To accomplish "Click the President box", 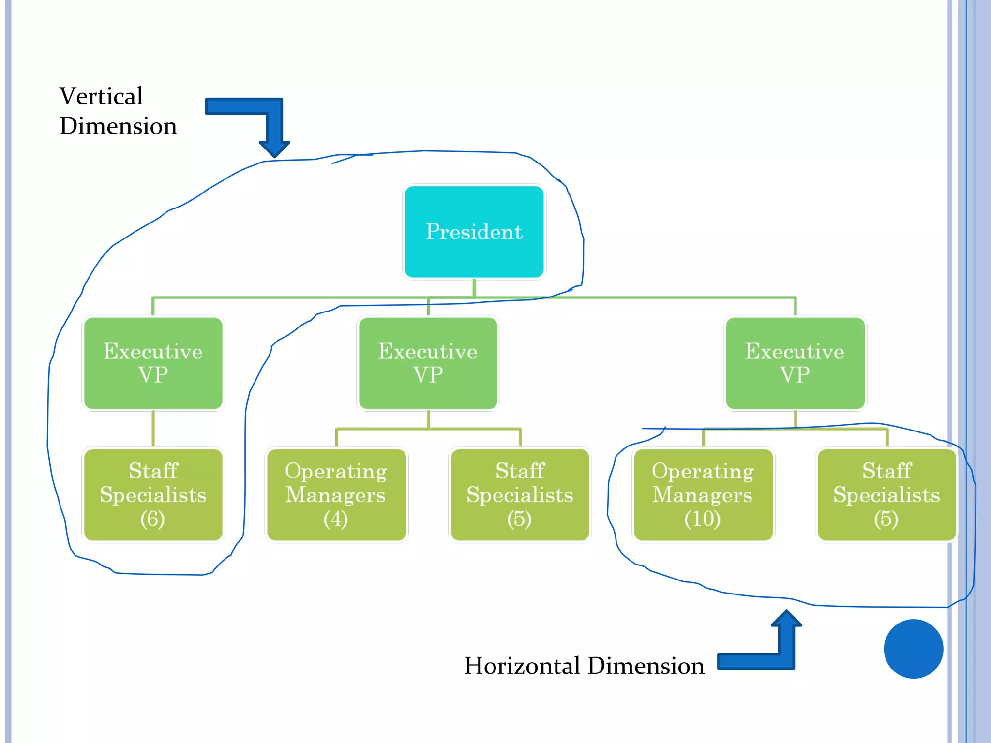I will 474,232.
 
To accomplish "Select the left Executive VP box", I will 153,363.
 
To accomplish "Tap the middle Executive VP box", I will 428,363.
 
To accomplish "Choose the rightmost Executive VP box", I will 795,363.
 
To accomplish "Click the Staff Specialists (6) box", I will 153,494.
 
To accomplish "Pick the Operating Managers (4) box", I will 336,494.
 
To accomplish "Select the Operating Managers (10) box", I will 703,494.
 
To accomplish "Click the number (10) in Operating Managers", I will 703,519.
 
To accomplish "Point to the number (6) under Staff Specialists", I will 153,519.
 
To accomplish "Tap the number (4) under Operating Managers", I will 336,519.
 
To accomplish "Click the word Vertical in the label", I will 101,96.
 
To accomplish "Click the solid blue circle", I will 913,649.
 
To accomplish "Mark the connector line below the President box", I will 474,288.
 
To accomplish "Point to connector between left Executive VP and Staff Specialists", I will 153,428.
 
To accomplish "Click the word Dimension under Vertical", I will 119,126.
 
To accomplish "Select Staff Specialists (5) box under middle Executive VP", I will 520,494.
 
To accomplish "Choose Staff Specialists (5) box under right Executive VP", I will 886,494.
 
